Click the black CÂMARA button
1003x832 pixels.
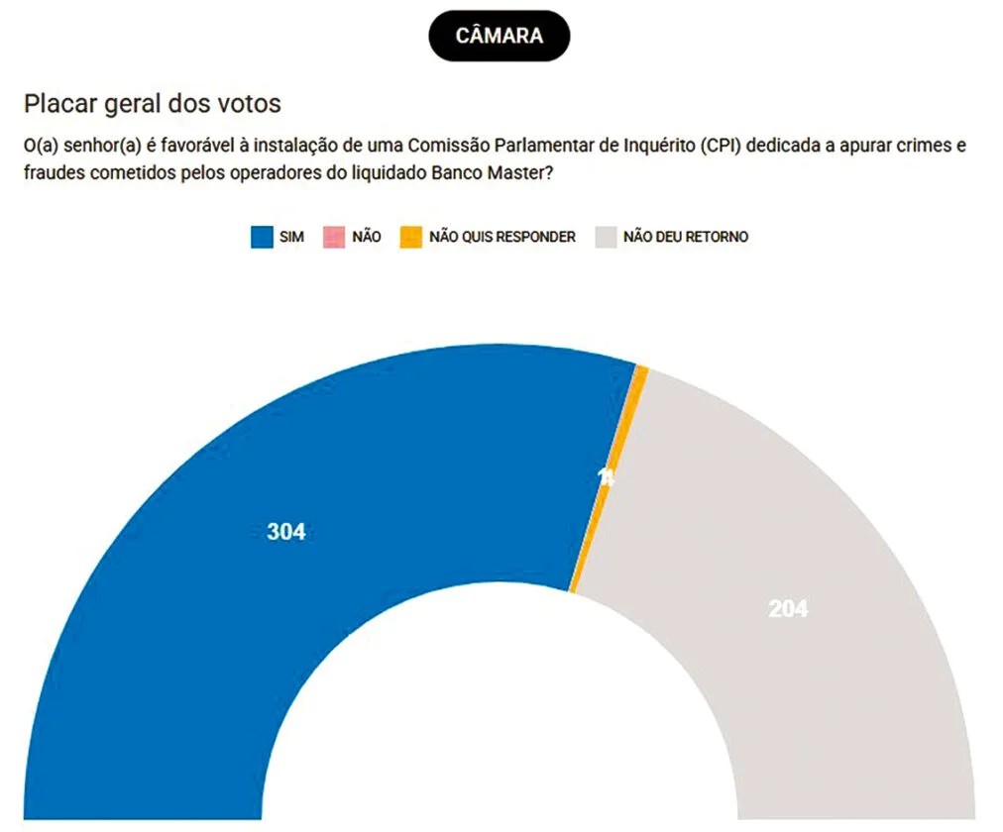pos(499,36)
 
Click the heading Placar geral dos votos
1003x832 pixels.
pos(153,104)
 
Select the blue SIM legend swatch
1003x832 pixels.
pos(262,238)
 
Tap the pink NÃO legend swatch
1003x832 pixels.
pos(334,238)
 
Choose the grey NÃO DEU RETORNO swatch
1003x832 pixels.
pos(605,238)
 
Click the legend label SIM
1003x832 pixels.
pos(291,238)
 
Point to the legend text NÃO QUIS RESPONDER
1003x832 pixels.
pos(502,238)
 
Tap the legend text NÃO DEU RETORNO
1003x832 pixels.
pos(686,238)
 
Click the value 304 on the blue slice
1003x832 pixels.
pos(286,532)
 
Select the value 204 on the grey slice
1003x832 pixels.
pos(788,609)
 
